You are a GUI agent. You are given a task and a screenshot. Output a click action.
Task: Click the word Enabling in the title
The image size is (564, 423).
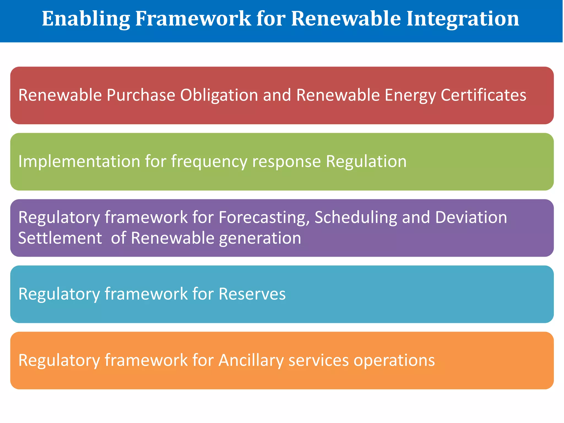click(x=86, y=19)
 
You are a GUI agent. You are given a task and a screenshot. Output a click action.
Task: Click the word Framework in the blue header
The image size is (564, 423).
click(x=193, y=19)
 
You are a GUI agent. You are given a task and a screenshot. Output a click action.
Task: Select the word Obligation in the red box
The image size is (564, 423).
click(x=219, y=95)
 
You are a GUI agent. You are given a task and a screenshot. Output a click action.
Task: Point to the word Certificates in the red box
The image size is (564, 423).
click(x=483, y=95)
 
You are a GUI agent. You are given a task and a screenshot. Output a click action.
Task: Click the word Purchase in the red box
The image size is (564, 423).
click(x=141, y=95)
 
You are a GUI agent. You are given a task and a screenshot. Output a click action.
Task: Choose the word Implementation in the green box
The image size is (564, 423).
click(x=79, y=161)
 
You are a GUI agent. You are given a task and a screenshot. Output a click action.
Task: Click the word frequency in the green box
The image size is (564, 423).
click(x=209, y=162)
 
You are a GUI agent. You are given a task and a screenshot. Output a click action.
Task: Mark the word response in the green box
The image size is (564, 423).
click(x=286, y=162)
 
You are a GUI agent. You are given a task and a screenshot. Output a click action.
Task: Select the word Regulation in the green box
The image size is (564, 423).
click(x=366, y=161)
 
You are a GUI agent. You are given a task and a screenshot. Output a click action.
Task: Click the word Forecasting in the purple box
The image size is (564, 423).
click(x=264, y=218)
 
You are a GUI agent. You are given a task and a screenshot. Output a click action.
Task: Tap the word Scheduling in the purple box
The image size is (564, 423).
click(x=356, y=218)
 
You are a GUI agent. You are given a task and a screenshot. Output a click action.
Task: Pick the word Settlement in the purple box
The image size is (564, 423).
click(x=60, y=238)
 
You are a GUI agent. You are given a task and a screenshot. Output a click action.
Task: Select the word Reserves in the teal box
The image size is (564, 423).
click(x=252, y=294)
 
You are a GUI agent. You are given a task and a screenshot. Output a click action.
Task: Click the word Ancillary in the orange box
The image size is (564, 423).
click(x=251, y=360)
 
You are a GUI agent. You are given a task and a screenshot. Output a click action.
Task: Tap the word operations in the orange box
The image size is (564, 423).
click(x=394, y=360)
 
